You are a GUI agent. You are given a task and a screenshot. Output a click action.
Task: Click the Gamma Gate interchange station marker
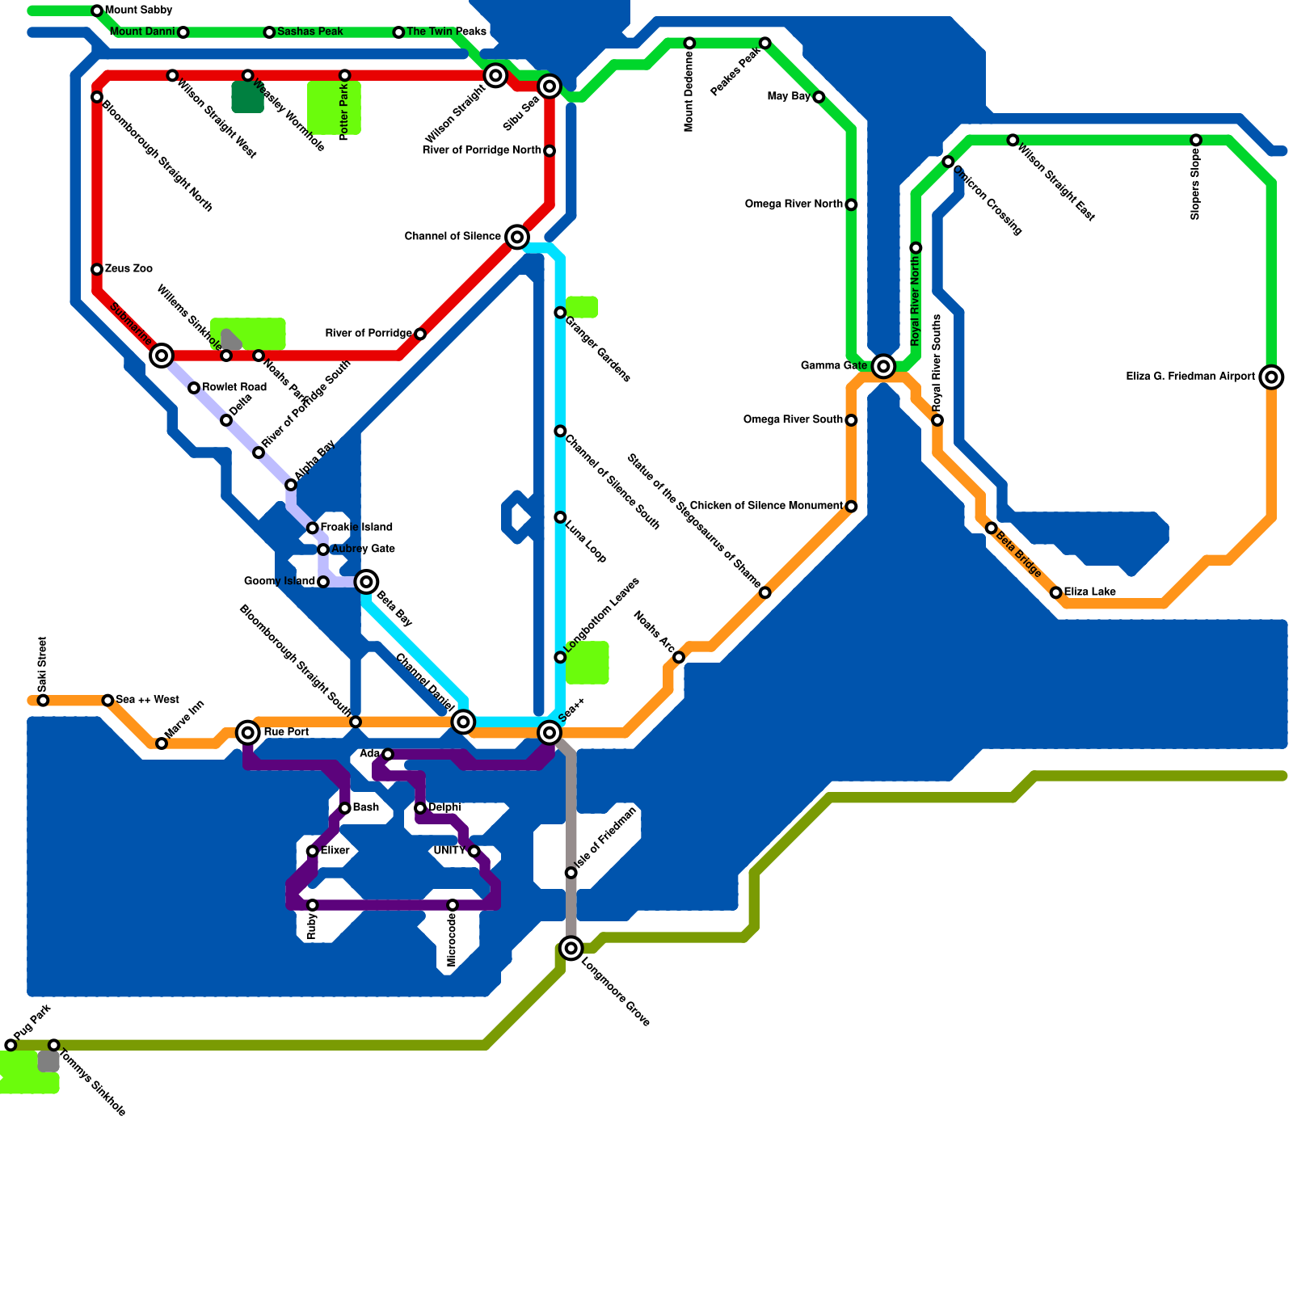coord(883,366)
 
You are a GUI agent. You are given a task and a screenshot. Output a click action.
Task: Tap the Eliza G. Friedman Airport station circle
coord(1271,377)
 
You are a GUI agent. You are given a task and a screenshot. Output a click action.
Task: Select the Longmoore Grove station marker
coord(571,948)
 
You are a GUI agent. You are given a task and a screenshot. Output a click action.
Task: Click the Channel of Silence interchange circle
coord(517,237)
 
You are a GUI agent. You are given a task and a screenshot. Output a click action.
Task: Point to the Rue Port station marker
coord(248,732)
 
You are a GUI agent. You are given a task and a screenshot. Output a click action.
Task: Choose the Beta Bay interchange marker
coord(366,581)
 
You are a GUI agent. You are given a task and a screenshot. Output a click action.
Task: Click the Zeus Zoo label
coord(128,268)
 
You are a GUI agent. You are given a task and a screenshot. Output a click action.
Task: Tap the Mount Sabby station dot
coord(97,11)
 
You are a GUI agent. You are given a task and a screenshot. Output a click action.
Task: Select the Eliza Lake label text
coord(1089,592)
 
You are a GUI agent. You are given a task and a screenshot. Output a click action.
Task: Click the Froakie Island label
coord(356,527)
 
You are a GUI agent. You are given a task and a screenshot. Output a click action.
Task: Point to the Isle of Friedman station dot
coord(571,873)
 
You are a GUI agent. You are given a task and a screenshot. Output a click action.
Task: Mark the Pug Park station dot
coord(11,1045)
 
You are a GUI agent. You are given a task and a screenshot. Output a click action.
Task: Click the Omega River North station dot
coord(851,204)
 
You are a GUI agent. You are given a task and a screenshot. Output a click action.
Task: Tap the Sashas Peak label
coord(310,32)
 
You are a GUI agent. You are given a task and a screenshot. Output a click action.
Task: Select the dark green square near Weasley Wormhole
coord(247,97)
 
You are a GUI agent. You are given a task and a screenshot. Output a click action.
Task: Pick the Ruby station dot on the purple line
coord(313,905)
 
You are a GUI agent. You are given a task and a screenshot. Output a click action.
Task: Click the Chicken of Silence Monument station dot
coord(851,507)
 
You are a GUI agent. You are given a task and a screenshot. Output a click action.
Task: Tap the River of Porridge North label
coord(482,150)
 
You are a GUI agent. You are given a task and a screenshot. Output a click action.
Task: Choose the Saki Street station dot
coord(43,701)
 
